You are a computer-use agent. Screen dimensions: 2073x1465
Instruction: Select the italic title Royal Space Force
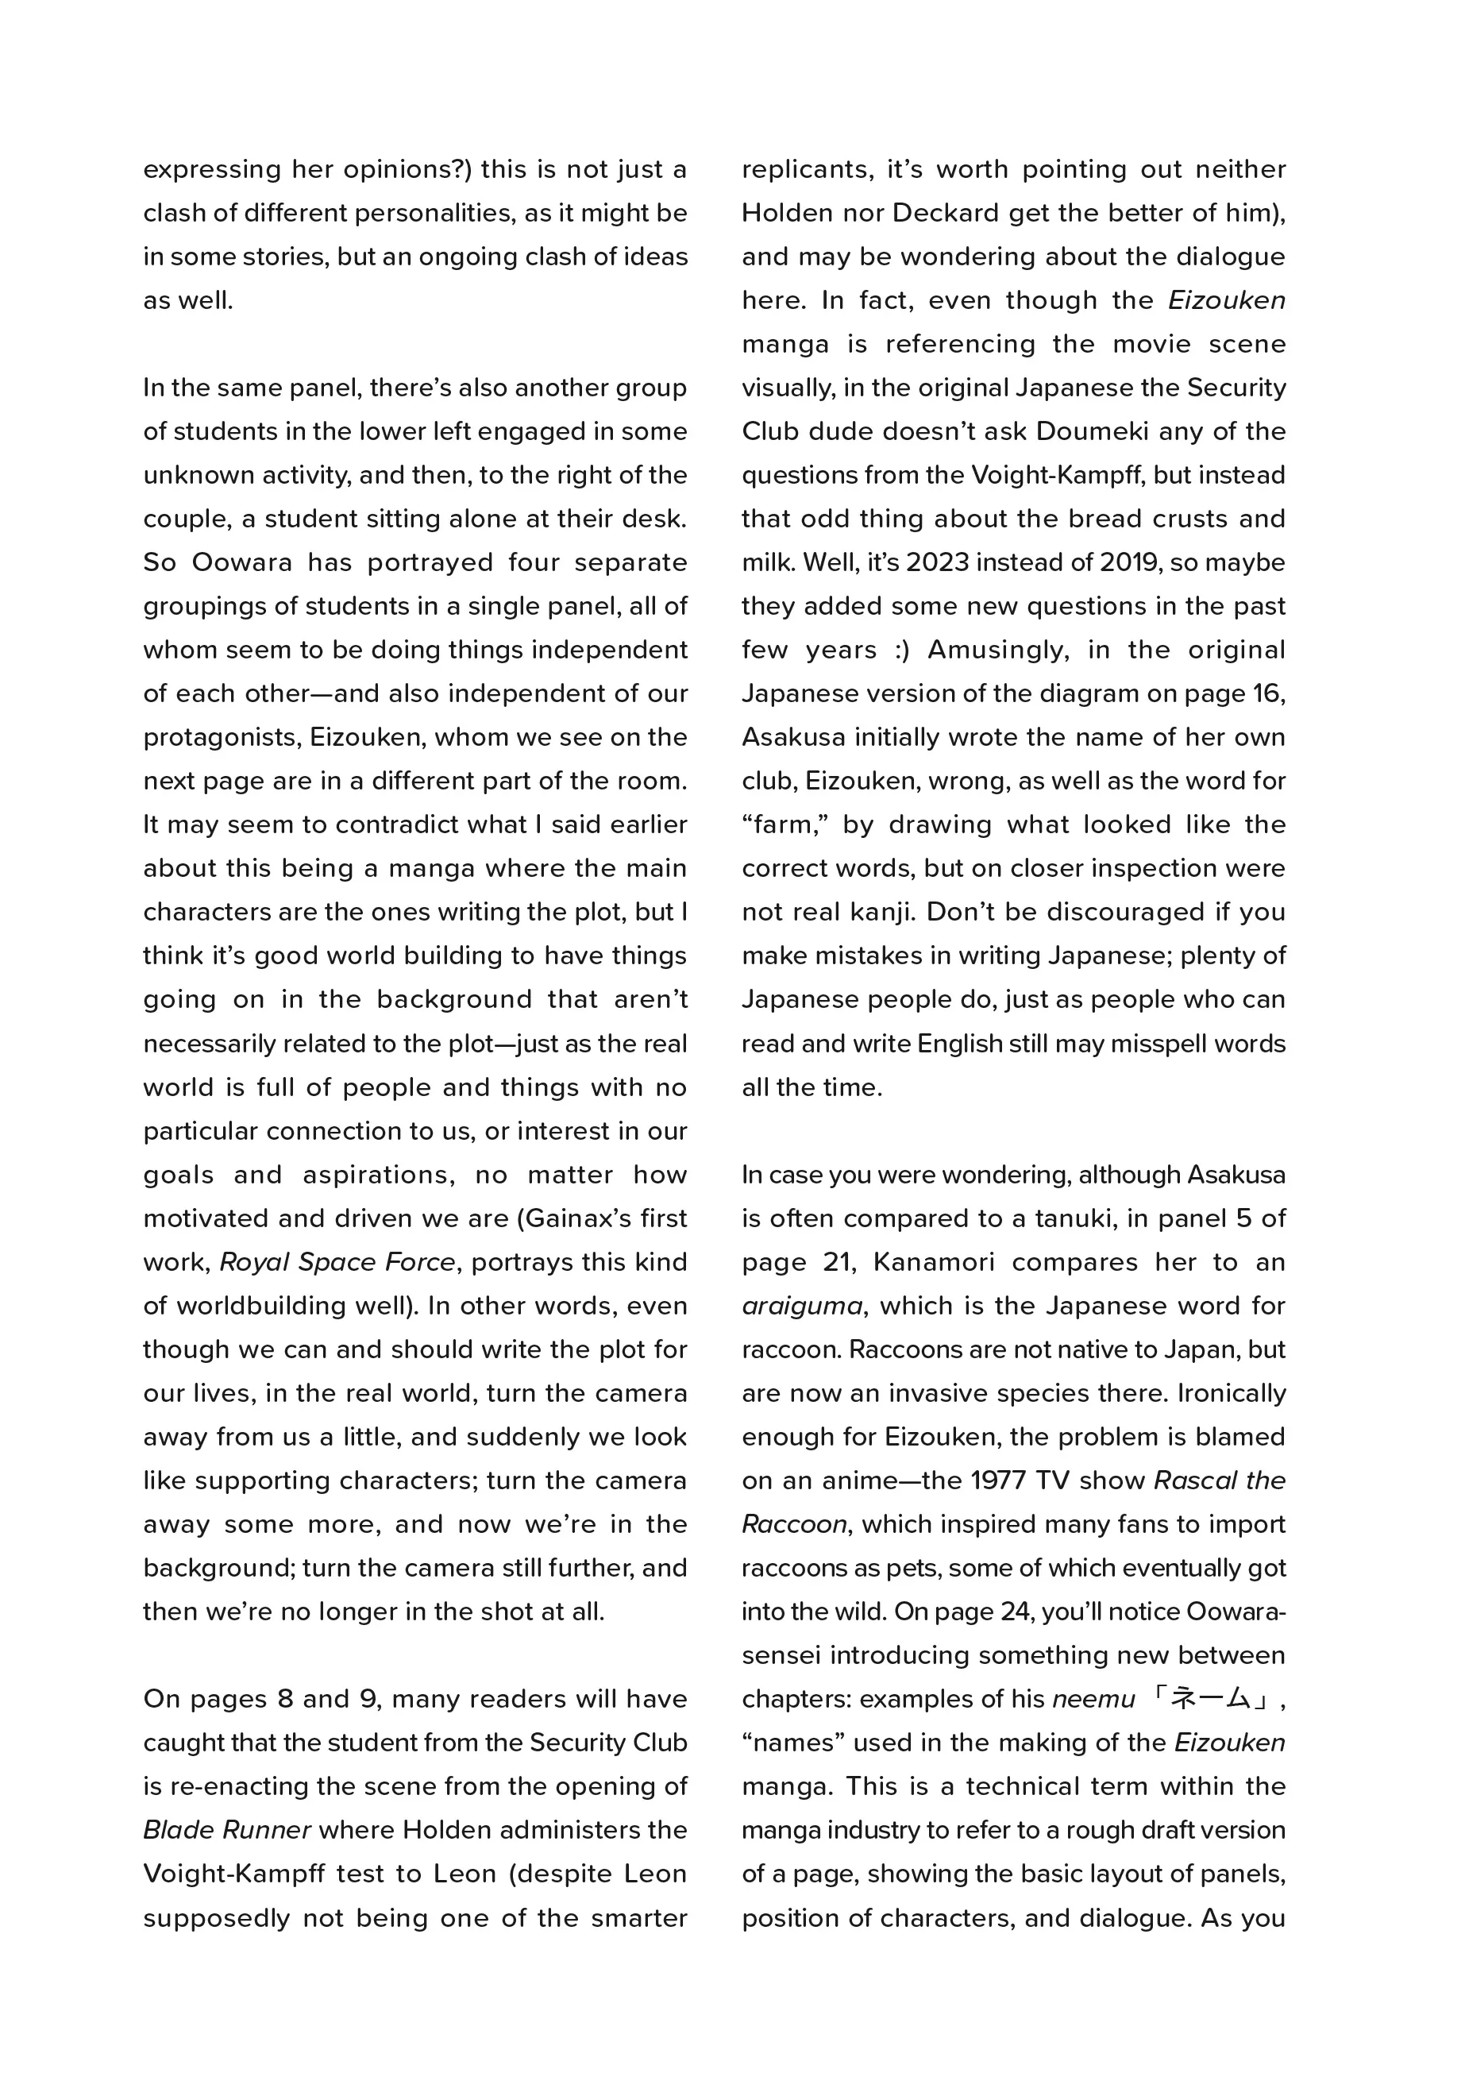click(337, 1262)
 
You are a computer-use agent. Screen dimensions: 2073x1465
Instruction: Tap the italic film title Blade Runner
click(226, 1830)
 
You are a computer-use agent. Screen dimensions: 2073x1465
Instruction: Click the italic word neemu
click(1093, 1699)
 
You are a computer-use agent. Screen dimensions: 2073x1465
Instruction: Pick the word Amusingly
click(997, 650)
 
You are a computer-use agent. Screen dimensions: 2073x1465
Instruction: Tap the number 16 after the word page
click(1267, 693)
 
